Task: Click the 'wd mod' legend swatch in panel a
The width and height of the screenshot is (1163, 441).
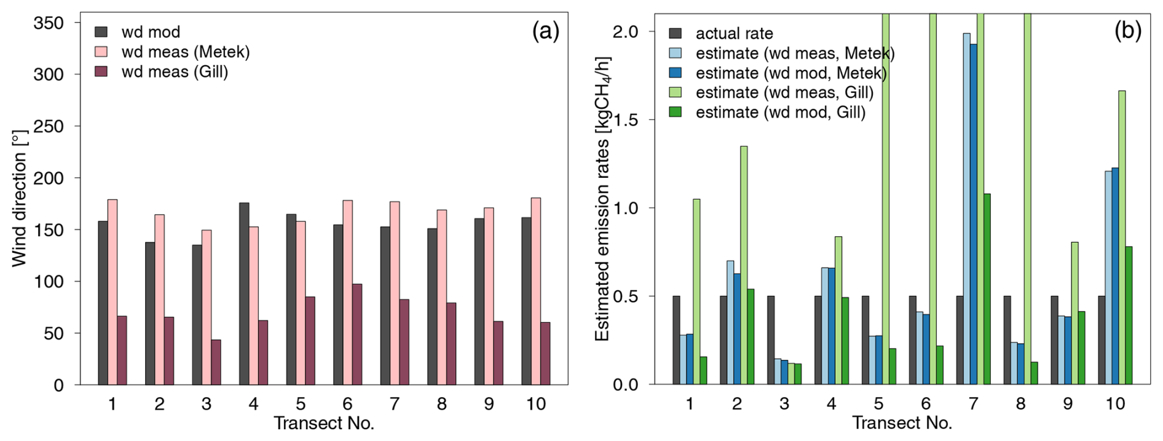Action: point(101,31)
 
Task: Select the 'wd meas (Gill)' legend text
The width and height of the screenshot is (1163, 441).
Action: point(175,72)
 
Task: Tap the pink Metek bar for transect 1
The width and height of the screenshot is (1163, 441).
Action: point(112,292)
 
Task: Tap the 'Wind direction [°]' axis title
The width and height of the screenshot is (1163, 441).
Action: point(20,198)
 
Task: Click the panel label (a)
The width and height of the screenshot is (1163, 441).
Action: point(545,31)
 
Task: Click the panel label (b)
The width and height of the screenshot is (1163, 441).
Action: point(1127,31)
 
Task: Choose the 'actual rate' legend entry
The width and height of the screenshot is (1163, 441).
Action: point(734,33)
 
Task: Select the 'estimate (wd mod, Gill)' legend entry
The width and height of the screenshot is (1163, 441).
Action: point(780,113)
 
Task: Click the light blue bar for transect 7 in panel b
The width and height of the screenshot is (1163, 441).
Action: point(967,209)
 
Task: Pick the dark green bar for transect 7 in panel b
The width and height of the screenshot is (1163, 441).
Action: point(987,289)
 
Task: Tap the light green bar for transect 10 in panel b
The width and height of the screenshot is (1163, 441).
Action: point(1122,237)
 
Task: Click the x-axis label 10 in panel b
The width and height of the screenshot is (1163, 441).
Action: point(1115,404)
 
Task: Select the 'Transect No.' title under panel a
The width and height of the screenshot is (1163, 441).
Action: point(324,424)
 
